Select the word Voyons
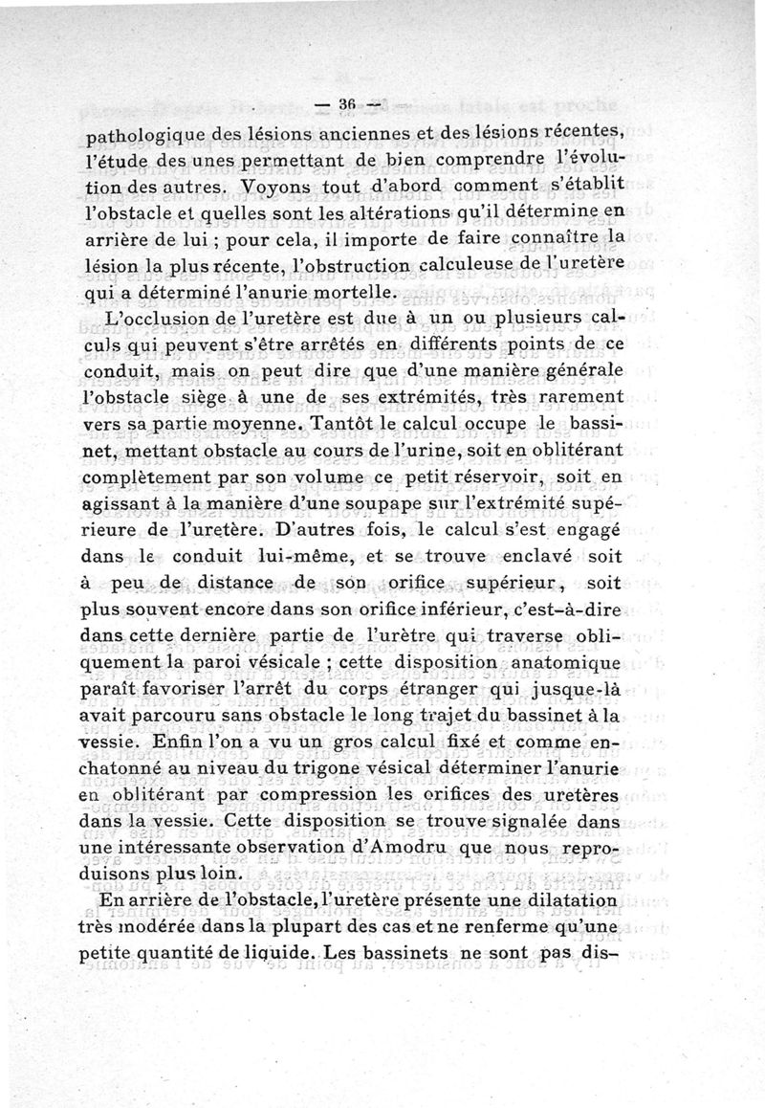click(x=274, y=186)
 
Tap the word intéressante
click(x=211, y=848)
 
